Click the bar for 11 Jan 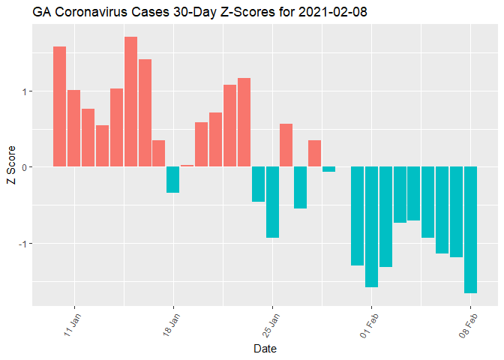pos(74,128)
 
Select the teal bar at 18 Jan pos(173,180)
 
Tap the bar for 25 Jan pos(272,202)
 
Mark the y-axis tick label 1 pos(25,91)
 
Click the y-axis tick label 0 pos(25,167)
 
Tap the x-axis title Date pos(265,349)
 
